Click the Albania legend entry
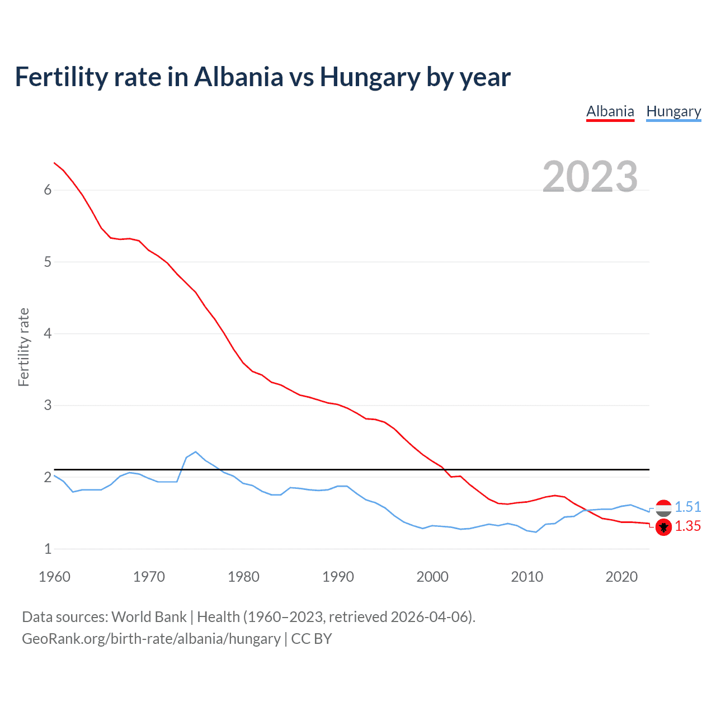point(610,111)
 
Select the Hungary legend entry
point(673,111)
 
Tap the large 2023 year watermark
point(590,177)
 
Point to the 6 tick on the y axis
point(48,190)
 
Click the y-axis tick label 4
point(48,334)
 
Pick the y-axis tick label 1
point(48,549)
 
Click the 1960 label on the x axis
point(54,577)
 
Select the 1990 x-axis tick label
point(338,577)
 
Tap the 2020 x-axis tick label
point(621,577)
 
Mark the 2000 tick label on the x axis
point(432,577)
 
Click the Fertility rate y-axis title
point(23,347)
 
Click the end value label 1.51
point(687,507)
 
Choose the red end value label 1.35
point(687,526)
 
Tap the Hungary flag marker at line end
point(663,508)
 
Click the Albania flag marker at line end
point(663,527)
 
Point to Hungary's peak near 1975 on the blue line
point(196,451)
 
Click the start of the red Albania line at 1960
point(54,163)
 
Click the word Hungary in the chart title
point(370,77)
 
